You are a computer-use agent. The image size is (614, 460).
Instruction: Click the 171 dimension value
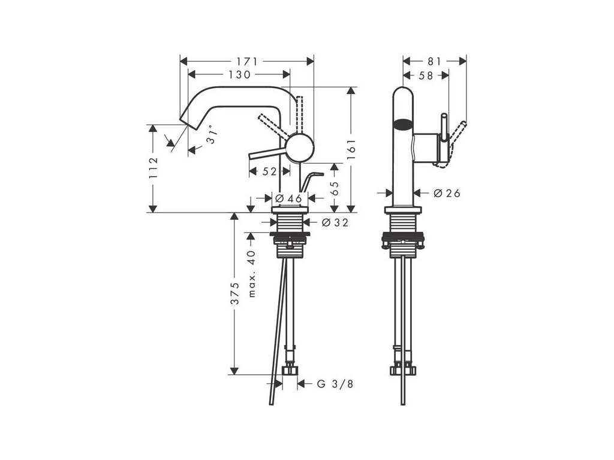246,62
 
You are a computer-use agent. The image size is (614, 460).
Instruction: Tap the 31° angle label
210,135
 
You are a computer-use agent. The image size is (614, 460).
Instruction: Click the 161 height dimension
351,149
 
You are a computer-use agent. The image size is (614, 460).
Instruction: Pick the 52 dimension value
269,171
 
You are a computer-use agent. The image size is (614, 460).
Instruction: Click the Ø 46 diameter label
288,199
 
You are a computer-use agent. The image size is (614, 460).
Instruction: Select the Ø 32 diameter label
335,223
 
